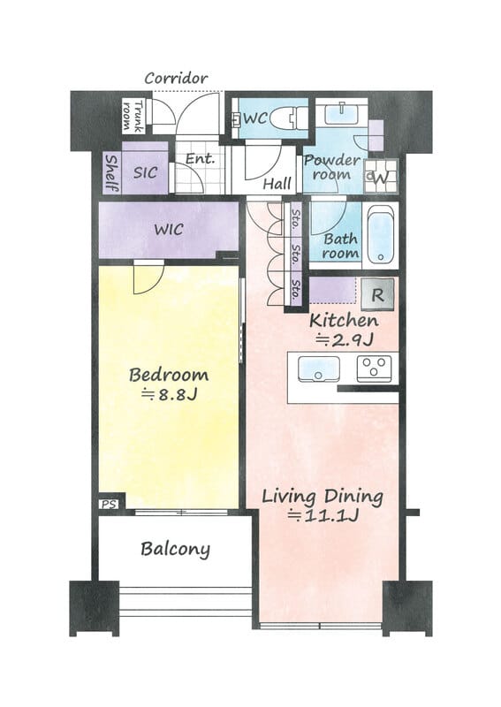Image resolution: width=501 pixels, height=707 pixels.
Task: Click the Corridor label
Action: [x=176, y=78]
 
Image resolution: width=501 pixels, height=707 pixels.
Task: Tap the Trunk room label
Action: [x=133, y=117]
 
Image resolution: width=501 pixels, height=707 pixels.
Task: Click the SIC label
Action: [x=145, y=172]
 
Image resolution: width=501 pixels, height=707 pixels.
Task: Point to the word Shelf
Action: [x=111, y=173]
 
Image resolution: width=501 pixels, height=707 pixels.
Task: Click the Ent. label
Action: [x=201, y=159]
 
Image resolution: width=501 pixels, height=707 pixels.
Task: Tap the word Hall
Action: [x=277, y=183]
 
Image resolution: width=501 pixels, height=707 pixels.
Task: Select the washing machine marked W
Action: [x=381, y=176]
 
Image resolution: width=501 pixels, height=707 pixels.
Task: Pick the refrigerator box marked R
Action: [x=378, y=294]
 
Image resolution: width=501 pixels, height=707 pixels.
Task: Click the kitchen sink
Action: [x=319, y=369]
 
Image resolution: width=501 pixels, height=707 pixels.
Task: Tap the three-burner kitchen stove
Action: [x=375, y=369]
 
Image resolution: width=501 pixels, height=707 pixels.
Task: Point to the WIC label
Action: [x=169, y=230]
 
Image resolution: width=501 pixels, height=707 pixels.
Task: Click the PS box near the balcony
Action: [x=108, y=504]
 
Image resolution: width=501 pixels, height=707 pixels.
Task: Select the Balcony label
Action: [x=176, y=549]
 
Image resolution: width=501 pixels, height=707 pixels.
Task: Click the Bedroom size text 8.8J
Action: [x=169, y=395]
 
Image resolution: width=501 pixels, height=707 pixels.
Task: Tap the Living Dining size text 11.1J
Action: [x=323, y=515]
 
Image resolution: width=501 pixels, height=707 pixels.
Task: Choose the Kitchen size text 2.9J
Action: [x=344, y=339]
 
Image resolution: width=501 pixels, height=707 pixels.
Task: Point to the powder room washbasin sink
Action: [x=341, y=113]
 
